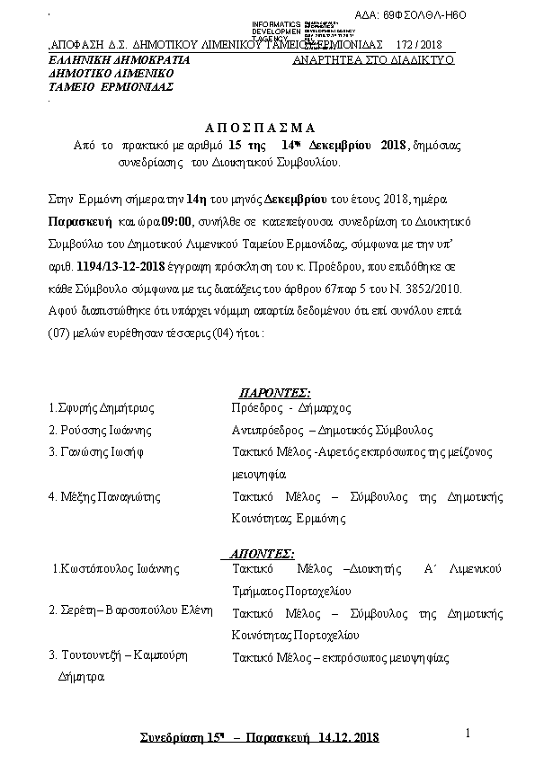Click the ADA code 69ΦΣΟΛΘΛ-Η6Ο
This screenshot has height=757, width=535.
coord(475,15)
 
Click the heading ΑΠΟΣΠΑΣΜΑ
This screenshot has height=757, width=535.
coord(266,127)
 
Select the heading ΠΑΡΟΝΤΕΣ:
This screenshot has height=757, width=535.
coord(274,393)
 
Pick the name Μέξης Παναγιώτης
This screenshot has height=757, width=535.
coord(104,495)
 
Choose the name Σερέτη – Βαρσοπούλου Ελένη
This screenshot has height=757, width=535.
coord(130,610)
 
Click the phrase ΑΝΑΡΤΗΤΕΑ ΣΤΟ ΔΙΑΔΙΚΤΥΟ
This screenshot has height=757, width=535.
coord(373,59)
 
